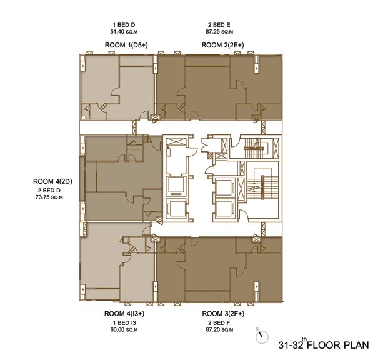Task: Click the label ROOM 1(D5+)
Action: pos(126,45)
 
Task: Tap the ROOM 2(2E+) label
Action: pos(222,45)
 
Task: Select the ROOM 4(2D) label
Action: pos(52,181)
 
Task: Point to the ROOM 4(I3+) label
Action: pos(124,313)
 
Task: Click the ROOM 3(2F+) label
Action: pos(223,313)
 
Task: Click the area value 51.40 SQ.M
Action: pos(124,32)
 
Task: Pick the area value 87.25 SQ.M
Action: pos(219,32)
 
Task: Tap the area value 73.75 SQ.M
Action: pos(49,197)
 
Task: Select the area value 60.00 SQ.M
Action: pos(124,329)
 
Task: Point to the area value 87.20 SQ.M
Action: pos(219,329)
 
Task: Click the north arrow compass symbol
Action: pos(262,337)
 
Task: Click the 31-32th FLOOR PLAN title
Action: pos(324,344)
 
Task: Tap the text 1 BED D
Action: pos(124,24)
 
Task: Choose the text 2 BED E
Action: pos(219,24)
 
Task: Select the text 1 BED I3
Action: pos(124,323)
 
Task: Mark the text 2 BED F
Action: pos(219,323)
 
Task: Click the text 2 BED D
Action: pos(49,191)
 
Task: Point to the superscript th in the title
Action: pos(304,339)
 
